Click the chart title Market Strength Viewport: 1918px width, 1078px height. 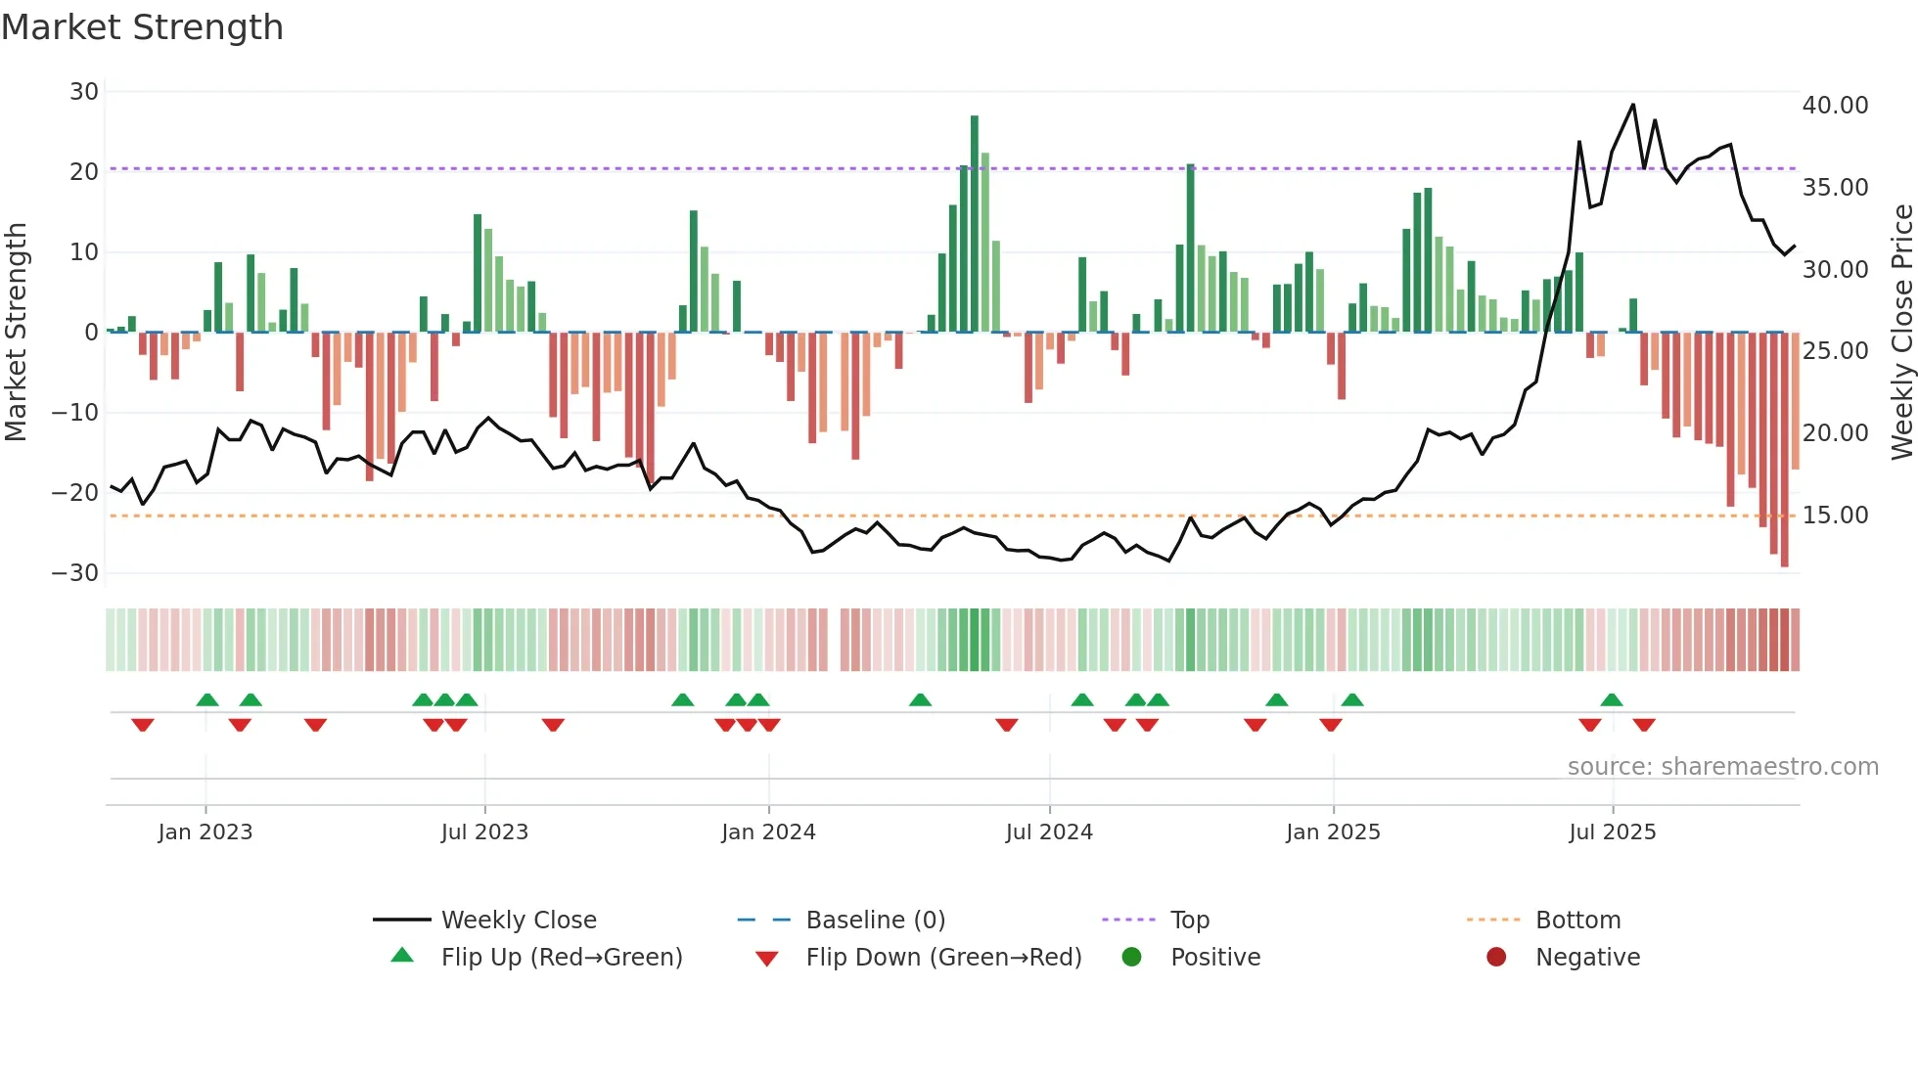click(142, 27)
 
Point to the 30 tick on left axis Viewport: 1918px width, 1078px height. click(84, 92)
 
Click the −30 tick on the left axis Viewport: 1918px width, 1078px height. click(75, 573)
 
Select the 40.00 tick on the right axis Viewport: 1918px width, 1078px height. click(1835, 106)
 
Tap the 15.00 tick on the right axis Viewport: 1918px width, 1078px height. click(1835, 516)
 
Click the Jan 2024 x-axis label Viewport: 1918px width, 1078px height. click(768, 832)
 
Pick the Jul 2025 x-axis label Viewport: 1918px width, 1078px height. click(1612, 832)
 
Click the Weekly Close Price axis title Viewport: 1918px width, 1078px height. click(1901, 333)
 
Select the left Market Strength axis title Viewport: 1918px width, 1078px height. click(17, 333)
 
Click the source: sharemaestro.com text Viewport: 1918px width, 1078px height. click(1722, 767)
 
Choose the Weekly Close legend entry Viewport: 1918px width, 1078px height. click(518, 921)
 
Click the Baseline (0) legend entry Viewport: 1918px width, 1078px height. click(875, 921)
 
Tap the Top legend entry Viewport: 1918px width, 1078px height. click(1189, 921)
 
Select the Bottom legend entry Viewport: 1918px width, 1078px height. click(1577, 921)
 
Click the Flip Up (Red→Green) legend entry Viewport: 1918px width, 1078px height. click(561, 958)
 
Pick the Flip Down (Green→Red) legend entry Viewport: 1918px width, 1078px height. click(943, 958)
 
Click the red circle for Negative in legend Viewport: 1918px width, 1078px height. click(1496, 958)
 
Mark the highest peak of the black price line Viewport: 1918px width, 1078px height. click(1632, 105)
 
